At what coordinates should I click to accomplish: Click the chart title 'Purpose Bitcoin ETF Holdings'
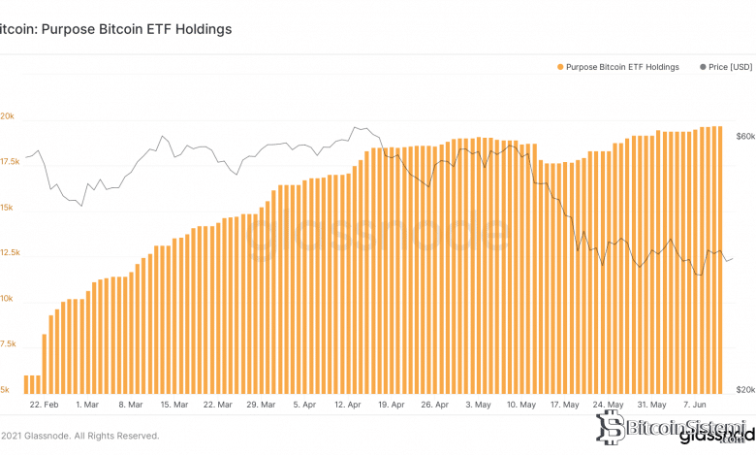[x=116, y=29]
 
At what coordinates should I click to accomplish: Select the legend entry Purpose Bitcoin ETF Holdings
[x=623, y=67]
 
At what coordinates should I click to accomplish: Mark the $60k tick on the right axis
[x=744, y=137]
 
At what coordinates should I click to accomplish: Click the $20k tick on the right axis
[x=744, y=389]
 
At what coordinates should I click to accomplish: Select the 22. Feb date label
[x=45, y=404]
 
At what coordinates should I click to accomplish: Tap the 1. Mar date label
[x=86, y=404]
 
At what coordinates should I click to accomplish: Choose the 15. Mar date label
[x=173, y=404]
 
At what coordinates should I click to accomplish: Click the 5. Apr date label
[x=303, y=404]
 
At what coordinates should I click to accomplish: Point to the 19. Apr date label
[x=390, y=404]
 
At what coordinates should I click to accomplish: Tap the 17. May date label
[x=564, y=404]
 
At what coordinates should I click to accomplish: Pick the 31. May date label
[x=650, y=404]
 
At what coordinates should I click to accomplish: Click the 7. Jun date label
[x=695, y=404]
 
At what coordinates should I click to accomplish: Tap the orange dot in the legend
[x=561, y=67]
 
